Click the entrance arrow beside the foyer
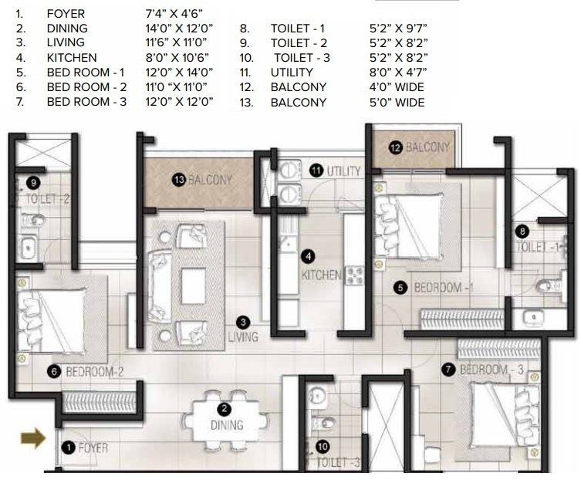point(32,440)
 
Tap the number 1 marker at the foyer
point(68,447)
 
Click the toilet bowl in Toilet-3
point(326,424)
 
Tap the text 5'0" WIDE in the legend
point(397,102)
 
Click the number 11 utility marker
point(316,170)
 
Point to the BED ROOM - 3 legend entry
point(86,102)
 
